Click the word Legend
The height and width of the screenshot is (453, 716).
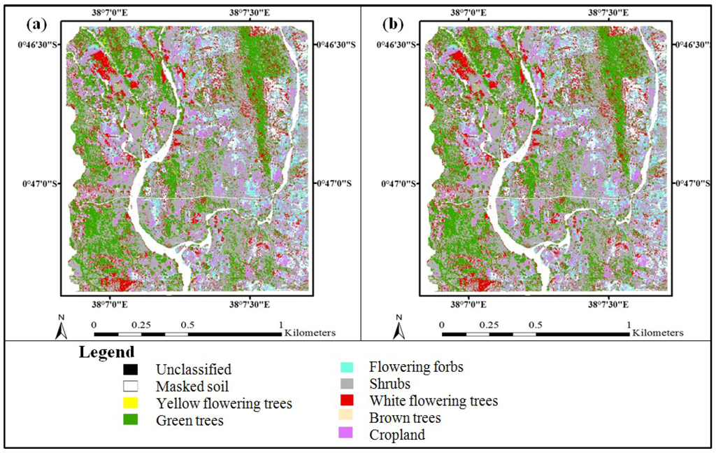[106, 351]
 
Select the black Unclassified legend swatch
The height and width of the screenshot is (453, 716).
[131, 369]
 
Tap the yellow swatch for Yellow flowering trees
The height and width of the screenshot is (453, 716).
[131, 403]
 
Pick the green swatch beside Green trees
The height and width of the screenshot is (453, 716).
[131, 420]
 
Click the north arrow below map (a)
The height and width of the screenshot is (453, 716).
[61, 327]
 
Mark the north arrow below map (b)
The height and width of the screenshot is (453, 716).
[399, 327]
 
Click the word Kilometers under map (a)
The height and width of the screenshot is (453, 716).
[310, 333]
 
